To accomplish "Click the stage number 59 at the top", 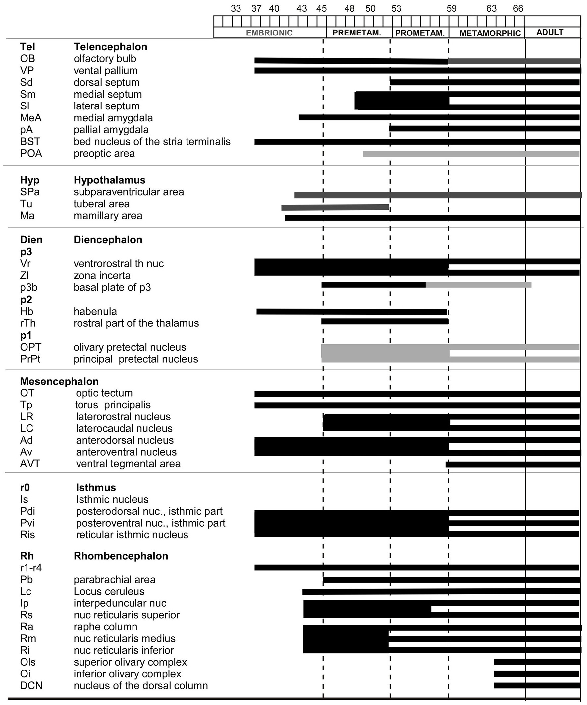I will tap(451, 8).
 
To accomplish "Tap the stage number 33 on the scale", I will tap(236, 8).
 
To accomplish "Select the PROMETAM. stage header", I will tap(420, 33).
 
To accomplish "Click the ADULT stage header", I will tap(550, 32).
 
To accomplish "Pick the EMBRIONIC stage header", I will tap(269, 33).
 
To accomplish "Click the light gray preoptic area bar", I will tap(471, 154).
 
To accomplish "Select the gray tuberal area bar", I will tap(335, 207).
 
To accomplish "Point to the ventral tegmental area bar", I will tap(512, 464).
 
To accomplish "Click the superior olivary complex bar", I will tap(536, 662).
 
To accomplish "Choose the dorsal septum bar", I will tap(484, 82).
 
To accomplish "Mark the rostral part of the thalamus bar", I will tap(385, 321).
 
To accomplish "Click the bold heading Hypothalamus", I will tap(110, 180).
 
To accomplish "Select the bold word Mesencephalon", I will tap(59, 382).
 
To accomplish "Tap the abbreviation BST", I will tap(30, 142).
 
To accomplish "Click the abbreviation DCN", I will tap(31, 685).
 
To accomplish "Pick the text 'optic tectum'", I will tap(104, 393).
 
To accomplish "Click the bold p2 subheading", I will tap(26, 300).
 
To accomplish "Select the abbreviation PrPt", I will tap(30, 359).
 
